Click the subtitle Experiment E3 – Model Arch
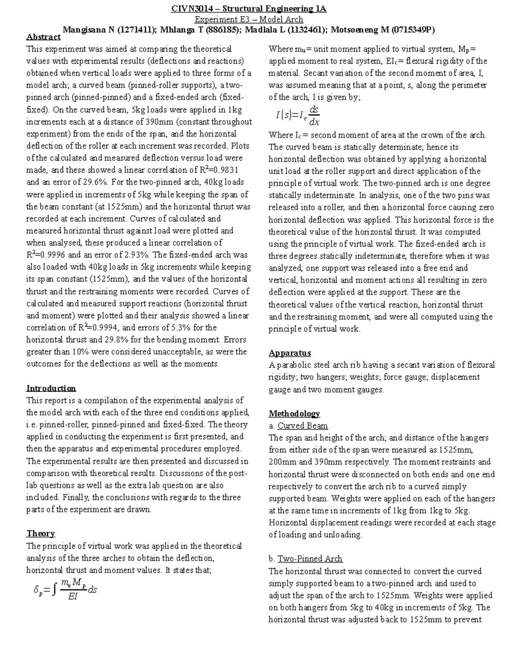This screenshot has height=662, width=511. click(x=249, y=19)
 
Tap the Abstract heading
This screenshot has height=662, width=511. click(x=43, y=37)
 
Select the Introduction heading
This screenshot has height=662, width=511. click(x=51, y=388)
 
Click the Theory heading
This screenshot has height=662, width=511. click(x=40, y=534)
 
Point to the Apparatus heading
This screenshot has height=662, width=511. click(x=290, y=353)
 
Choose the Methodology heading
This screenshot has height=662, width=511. click(x=294, y=413)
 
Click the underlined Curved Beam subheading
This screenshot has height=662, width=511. click(x=302, y=425)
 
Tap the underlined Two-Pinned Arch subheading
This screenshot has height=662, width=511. click(x=310, y=559)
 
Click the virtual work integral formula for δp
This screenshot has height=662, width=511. click(x=65, y=590)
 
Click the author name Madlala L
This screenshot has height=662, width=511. click(x=266, y=30)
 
